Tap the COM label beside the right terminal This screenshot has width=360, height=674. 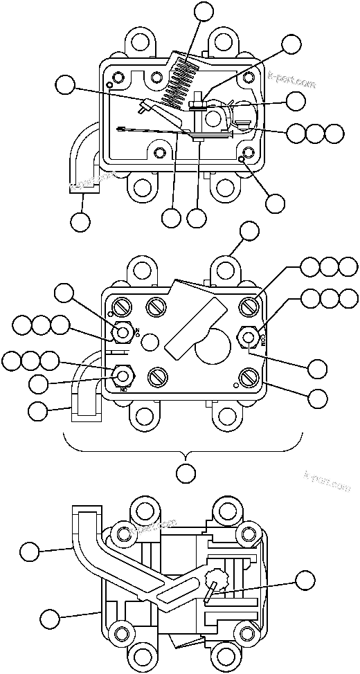click(263, 338)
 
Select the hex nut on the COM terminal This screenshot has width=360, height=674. click(249, 337)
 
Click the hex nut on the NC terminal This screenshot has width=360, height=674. click(123, 376)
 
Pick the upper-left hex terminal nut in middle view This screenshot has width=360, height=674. click(123, 333)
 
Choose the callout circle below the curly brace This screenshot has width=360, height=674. click(185, 473)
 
